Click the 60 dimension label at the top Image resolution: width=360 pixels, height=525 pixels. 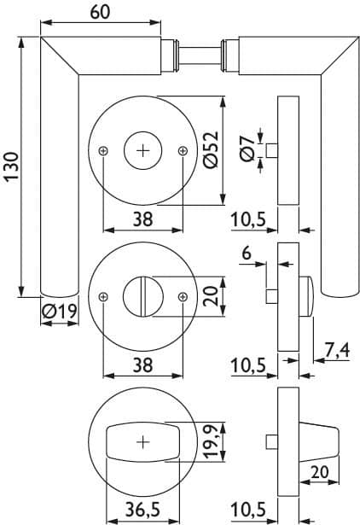tap(100, 12)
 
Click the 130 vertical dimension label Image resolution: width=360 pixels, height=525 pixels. tap(11, 166)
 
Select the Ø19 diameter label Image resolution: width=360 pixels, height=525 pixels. tap(60, 312)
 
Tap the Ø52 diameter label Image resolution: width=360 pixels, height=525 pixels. tap(211, 149)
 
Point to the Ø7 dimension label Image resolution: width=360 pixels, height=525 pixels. tap(248, 149)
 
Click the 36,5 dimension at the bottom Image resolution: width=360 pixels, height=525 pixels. tap(142, 510)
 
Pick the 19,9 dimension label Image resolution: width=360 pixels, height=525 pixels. tap(211, 442)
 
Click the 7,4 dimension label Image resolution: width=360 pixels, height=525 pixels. tap(337, 350)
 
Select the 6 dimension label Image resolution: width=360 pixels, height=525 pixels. tap(247, 253)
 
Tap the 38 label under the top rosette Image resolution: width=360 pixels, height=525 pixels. tap(142, 219)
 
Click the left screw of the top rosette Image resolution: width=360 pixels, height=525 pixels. tap(104, 151)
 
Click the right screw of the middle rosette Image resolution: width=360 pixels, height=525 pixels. tap(183, 297)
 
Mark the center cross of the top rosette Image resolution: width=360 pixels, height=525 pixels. tap(143, 151)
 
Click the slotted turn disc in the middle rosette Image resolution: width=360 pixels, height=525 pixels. tap(143, 296)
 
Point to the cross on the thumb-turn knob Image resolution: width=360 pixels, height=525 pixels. tap(143, 442)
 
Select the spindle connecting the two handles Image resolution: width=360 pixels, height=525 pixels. tap(200, 55)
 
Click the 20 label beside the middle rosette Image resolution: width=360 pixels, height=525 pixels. tap(211, 296)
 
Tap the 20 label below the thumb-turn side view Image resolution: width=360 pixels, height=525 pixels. tap(320, 472)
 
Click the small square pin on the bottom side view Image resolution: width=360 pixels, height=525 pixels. tap(272, 442)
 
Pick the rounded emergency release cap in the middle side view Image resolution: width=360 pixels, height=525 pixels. tap(306, 296)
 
